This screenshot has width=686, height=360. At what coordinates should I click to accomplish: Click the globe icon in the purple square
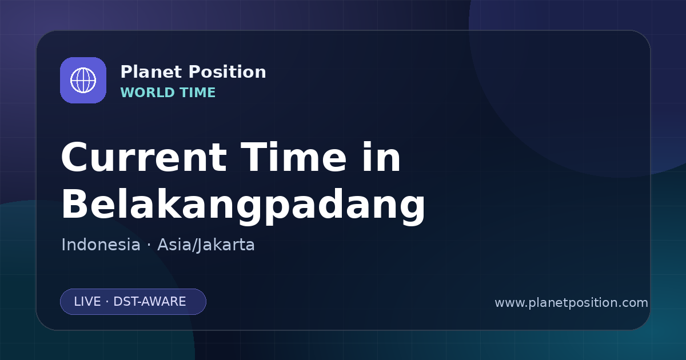coord(83,80)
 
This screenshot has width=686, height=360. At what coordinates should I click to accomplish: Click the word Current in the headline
coord(144,157)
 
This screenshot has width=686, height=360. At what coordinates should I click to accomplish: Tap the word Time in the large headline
coord(293,157)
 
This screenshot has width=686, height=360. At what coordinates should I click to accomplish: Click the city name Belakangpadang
coord(243,205)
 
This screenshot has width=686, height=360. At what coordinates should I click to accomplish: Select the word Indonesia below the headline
coord(101,245)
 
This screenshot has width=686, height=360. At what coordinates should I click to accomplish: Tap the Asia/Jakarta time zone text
coord(206,245)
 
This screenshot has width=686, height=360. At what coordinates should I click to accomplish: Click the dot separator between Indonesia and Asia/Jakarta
coord(149,246)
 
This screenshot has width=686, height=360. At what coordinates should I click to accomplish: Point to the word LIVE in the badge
coord(87,302)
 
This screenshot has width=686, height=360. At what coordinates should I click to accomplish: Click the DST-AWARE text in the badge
coord(149,302)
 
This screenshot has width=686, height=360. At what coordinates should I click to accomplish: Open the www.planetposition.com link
coord(571,303)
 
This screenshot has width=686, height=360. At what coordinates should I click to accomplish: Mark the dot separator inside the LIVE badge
coord(107,302)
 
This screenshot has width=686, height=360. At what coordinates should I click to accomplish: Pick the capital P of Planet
coord(126,72)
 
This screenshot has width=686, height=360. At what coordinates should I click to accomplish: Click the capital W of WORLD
coord(128,93)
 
